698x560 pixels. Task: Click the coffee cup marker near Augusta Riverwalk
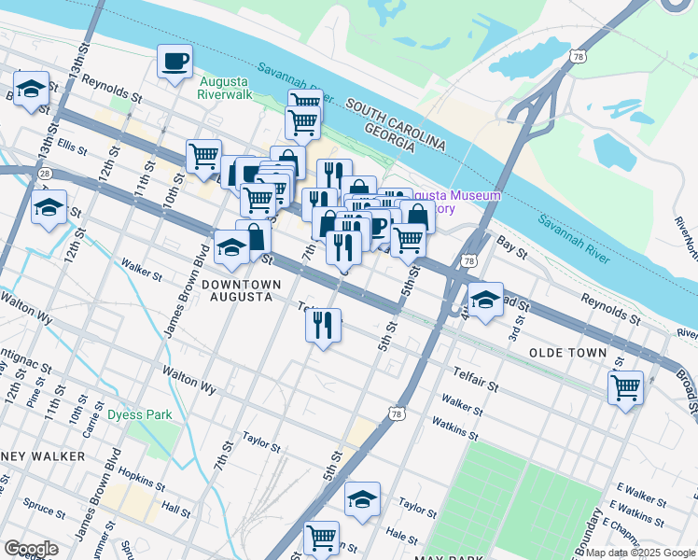(x=174, y=63)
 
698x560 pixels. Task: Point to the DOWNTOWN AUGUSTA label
(x=229, y=290)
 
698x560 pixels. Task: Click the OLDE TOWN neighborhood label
(x=567, y=353)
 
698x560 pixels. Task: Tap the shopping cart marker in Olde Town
(x=625, y=385)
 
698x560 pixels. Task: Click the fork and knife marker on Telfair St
(x=323, y=326)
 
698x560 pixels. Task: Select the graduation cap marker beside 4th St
(x=484, y=300)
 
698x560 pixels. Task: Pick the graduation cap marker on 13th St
(x=32, y=90)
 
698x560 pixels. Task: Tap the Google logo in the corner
(x=31, y=549)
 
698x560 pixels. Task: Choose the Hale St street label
(x=401, y=536)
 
